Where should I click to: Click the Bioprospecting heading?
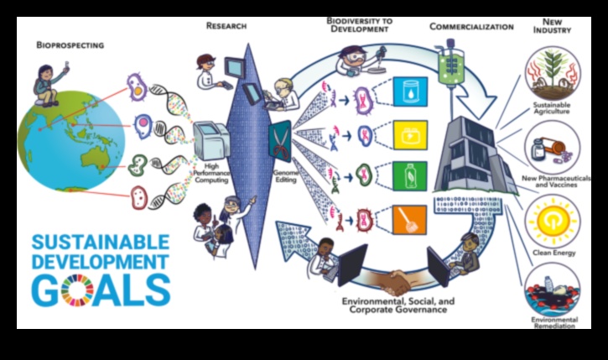[x=70, y=44]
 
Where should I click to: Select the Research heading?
[x=226, y=26]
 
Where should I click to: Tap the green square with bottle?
[x=410, y=177]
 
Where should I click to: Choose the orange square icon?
[x=410, y=221]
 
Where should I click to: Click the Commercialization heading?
[x=471, y=26]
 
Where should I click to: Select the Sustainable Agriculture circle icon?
[x=551, y=74]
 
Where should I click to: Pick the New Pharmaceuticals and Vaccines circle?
[x=551, y=149]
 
